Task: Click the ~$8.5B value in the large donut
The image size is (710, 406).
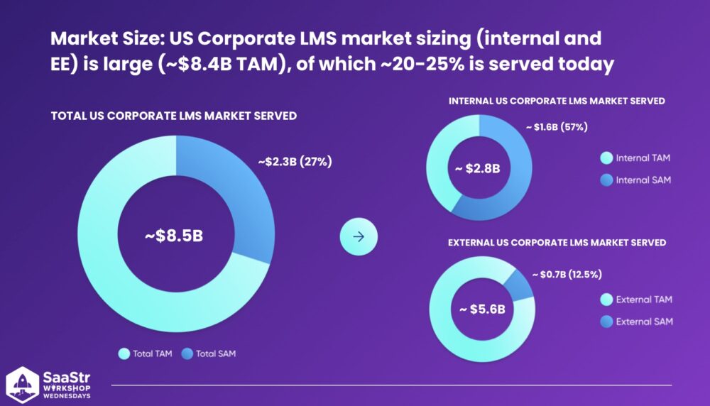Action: coord(175,236)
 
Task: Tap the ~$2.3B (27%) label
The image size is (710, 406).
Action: coord(295,162)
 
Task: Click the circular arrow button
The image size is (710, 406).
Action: coord(359,237)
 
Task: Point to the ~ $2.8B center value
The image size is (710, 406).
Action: coord(478,168)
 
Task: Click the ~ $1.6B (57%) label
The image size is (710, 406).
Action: coord(557,127)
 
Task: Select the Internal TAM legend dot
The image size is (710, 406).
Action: coord(606,158)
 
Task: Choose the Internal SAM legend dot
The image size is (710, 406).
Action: coord(606,180)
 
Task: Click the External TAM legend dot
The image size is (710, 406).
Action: coord(606,300)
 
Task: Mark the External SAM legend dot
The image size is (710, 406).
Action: coord(606,322)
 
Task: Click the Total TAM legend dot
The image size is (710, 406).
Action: coord(124,353)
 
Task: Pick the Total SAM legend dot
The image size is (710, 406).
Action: coord(187,353)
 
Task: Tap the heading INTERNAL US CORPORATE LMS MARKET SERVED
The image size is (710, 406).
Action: coord(557,101)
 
